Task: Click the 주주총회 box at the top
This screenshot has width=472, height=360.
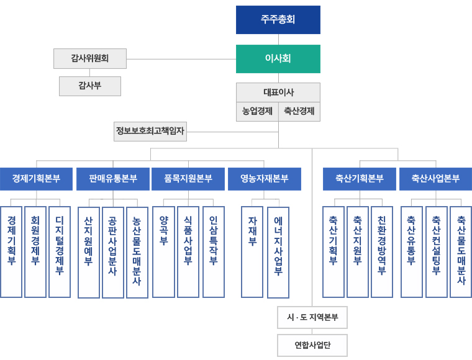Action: [x=278, y=20]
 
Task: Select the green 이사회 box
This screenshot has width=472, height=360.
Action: [x=278, y=59]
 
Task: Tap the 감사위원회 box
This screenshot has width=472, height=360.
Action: [x=90, y=58]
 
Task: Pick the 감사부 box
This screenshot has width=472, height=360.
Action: [x=90, y=86]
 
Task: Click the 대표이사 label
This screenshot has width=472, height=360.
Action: [x=278, y=92]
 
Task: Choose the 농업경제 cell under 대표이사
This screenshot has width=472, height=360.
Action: [x=257, y=112]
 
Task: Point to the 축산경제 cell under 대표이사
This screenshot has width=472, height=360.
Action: [x=299, y=112]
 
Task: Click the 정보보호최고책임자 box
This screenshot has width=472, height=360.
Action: [x=150, y=131]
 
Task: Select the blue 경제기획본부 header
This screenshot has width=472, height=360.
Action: [x=36, y=179]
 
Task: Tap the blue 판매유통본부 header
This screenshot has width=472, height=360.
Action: [x=112, y=179]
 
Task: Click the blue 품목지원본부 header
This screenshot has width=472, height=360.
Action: [x=188, y=179]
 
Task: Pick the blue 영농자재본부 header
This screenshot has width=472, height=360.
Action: [x=265, y=179]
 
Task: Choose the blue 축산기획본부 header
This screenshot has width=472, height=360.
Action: [x=359, y=179]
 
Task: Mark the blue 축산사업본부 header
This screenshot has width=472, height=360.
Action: [x=435, y=179]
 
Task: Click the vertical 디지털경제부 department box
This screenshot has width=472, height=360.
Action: [x=60, y=251]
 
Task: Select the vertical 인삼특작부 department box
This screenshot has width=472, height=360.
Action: [x=213, y=251]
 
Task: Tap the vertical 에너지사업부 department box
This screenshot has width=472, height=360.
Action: [x=278, y=252]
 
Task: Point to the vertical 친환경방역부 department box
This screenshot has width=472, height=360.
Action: [x=382, y=251]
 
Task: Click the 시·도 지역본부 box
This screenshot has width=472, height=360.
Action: [x=312, y=317]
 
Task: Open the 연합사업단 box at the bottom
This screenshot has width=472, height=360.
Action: [x=312, y=345]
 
